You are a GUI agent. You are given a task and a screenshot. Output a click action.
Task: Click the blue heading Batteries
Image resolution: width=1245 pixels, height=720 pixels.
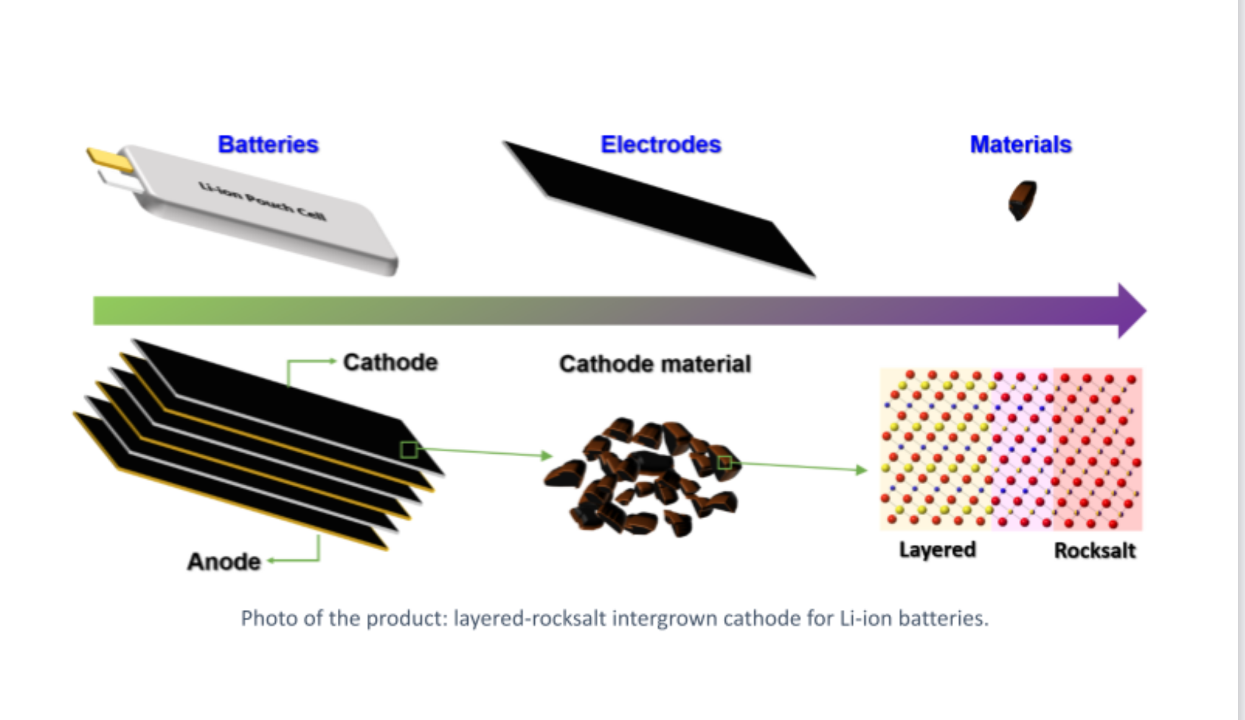coord(268,144)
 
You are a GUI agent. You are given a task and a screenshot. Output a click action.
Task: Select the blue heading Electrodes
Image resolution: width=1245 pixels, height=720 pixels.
coord(661,144)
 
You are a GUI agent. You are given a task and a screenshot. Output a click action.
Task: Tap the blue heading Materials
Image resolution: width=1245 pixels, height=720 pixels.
coord(1020,144)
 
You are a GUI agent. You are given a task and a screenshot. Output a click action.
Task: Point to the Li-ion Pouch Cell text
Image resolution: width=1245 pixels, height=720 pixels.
coord(262,201)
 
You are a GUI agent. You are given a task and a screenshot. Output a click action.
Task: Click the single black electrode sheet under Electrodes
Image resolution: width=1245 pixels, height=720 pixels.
coord(660,207)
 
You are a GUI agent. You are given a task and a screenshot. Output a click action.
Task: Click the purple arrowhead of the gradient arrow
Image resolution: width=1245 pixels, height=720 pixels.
coord(1131,310)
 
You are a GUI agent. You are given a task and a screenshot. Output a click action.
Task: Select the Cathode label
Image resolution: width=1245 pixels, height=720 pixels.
coord(390,362)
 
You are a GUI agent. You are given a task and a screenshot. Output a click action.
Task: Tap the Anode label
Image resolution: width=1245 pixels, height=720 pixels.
coord(224,562)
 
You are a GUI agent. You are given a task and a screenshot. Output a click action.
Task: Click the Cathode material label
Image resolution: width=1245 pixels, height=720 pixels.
coord(655,364)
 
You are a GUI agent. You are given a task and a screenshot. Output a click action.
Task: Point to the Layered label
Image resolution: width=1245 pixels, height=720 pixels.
coord(937,550)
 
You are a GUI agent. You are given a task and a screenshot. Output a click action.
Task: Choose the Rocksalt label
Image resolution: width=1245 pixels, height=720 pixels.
coord(1094,550)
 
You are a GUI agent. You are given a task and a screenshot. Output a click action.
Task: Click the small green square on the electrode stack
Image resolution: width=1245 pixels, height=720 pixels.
coord(408,449)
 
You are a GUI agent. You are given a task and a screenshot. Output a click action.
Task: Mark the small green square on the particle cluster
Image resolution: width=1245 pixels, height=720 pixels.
coord(724,462)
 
